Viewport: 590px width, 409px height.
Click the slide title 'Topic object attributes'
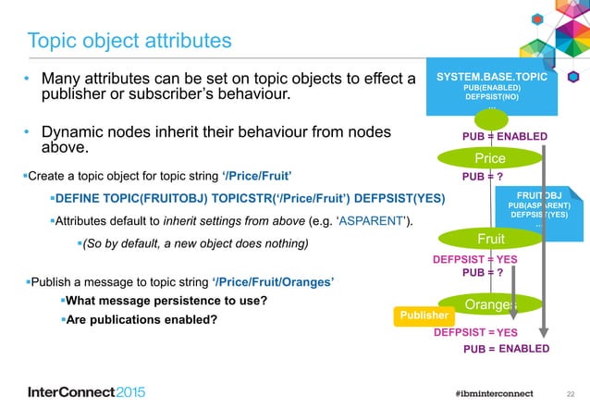coord(129,41)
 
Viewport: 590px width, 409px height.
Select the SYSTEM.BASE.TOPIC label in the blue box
coord(491,78)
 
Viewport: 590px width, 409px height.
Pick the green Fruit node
coord(490,238)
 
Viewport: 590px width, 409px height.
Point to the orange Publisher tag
coord(424,316)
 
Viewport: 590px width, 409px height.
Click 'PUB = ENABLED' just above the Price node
coord(504,138)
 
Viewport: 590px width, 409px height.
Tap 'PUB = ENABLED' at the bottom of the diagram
coord(506,349)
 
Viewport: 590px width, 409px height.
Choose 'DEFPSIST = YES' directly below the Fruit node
coord(474,260)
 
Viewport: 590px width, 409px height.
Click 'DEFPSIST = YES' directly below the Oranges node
coord(475,332)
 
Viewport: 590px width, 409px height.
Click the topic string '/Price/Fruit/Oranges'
coord(272,280)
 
